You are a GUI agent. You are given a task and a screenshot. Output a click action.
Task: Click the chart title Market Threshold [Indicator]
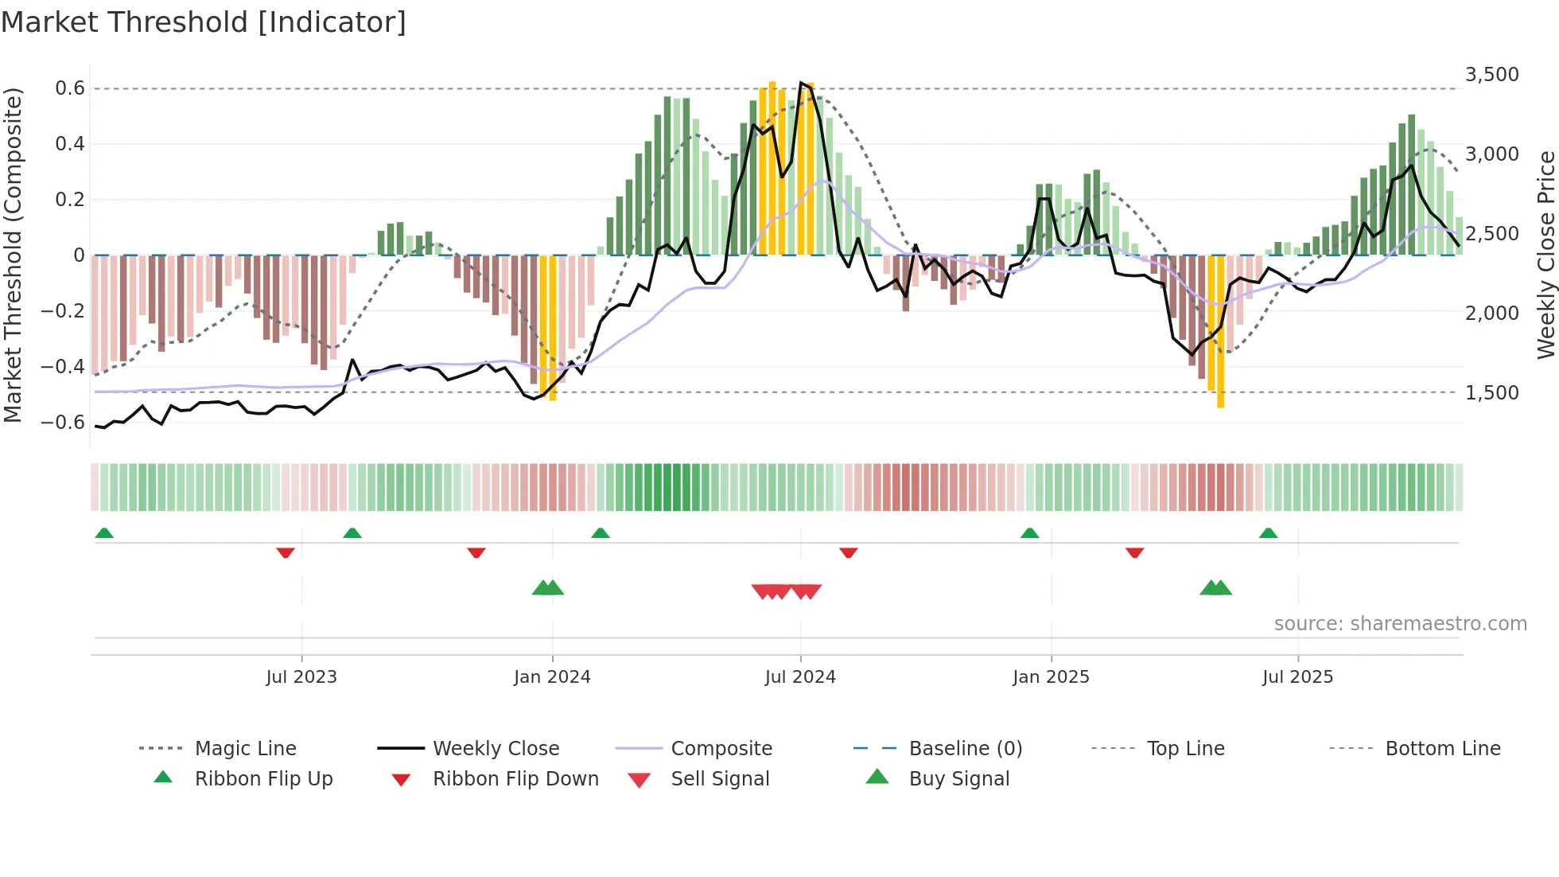click(x=204, y=22)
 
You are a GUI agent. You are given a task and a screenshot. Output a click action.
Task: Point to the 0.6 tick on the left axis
click(x=70, y=88)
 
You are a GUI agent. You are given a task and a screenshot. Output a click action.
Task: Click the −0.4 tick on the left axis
click(x=63, y=367)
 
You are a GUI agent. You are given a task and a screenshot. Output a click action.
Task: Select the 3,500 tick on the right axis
click(x=1491, y=75)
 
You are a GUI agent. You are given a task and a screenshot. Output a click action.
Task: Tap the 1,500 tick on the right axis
click(x=1491, y=393)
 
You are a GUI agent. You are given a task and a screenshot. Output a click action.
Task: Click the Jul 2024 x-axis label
click(x=800, y=677)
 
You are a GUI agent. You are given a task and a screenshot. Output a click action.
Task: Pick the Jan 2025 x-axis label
click(x=1051, y=677)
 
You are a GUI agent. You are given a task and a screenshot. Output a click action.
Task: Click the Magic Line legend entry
click(x=245, y=749)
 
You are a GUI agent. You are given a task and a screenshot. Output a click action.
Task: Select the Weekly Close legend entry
click(x=496, y=749)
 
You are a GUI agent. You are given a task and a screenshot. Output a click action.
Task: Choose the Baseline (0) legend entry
click(x=965, y=749)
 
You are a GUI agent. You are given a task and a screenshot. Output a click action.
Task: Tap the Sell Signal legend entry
click(x=720, y=779)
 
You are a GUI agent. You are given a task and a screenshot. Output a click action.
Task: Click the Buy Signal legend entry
click(x=958, y=779)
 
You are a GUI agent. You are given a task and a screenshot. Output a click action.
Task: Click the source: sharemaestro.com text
click(x=1400, y=624)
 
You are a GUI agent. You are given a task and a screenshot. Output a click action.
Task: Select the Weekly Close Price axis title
click(x=1545, y=255)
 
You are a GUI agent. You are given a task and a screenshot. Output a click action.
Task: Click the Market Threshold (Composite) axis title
click(x=13, y=255)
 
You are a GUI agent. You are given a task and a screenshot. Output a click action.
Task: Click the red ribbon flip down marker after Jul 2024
click(x=849, y=552)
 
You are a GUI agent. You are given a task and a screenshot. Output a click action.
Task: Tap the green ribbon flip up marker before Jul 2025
click(x=1268, y=533)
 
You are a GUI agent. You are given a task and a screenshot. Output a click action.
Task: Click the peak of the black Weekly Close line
click(x=801, y=82)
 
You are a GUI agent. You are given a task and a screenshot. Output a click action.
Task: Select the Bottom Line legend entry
click(x=1442, y=749)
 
